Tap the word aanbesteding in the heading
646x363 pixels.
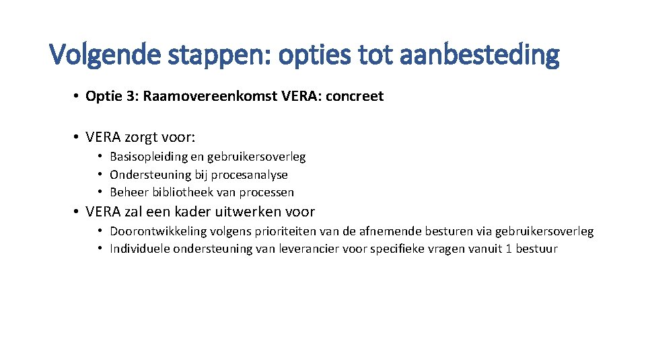coord(478,54)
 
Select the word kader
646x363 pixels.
coord(194,212)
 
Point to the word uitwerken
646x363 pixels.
coord(248,212)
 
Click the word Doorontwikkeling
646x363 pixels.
coord(157,231)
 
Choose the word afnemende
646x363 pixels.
coord(390,231)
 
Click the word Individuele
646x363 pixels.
coord(140,249)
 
